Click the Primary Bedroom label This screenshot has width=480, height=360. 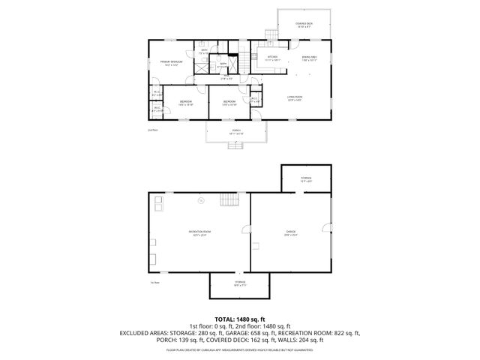(171, 62)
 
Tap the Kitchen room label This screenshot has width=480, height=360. (272, 58)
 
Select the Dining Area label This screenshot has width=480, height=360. (309, 58)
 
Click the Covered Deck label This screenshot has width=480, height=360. (304, 25)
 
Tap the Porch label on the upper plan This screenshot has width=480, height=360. (236, 132)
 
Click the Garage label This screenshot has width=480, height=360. (290, 233)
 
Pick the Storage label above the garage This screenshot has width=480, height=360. (306, 178)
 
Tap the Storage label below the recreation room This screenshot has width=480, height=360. (240, 283)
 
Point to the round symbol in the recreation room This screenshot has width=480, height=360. (200, 200)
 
